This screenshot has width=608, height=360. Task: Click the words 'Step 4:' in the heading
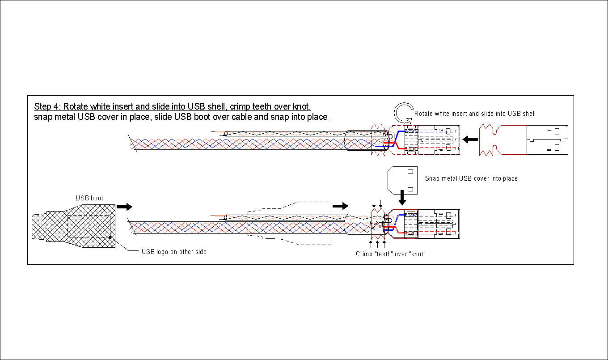(47, 107)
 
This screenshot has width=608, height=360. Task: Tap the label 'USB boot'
(89, 198)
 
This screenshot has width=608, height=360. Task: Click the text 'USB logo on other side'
(174, 252)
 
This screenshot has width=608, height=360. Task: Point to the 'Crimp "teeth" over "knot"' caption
(390, 254)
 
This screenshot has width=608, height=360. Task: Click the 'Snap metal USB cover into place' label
(471, 178)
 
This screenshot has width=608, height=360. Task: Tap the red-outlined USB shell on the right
(523, 140)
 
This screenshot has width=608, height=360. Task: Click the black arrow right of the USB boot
(124, 207)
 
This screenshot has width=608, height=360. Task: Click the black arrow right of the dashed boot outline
(340, 206)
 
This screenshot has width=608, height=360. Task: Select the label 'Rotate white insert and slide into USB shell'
(475, 114)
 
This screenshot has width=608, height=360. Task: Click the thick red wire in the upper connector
(395, 145)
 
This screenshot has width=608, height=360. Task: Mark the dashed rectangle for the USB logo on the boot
(89, 226)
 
